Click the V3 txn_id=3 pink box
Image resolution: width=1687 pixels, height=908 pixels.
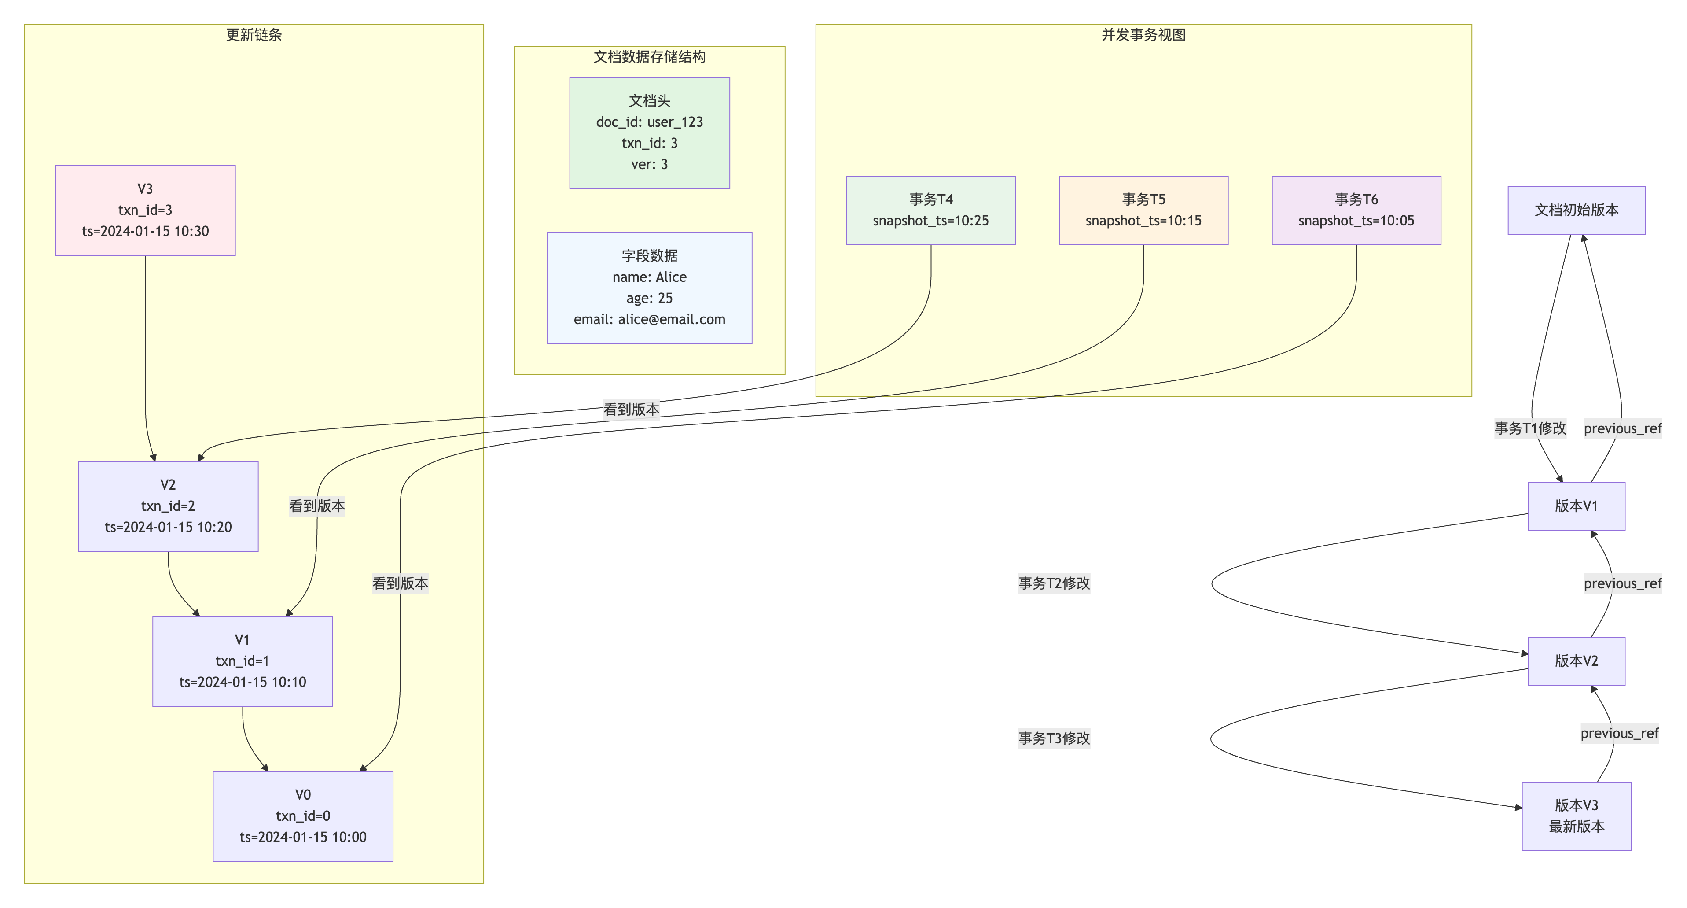click(145, 210)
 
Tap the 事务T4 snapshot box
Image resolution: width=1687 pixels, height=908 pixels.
click(930, 210)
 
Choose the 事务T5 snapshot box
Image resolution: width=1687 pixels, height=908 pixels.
click(1143, 210)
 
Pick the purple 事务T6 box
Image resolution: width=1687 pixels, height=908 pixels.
click(1356, 210)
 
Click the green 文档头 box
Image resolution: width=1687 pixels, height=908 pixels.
click(649, 133)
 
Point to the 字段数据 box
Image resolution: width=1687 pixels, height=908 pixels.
click(649, 288)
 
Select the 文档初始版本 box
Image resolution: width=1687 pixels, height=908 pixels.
click(1577, 210)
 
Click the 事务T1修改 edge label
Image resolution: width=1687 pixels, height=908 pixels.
click(1530, 428)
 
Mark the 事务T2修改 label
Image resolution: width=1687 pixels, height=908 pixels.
click(1054, 583)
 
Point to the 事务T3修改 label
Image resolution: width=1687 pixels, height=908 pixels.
click(1054, 738)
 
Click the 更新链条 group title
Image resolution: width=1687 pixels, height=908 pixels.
click(254, 35)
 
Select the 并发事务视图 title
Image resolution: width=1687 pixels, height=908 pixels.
click(1143, 35)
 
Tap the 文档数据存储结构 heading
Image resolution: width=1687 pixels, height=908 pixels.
click(649, 57)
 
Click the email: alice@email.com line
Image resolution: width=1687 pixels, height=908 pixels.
click(649, 320)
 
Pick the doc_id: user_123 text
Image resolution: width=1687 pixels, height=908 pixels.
click(649, 122)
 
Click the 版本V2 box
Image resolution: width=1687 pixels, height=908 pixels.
click(1577, 661)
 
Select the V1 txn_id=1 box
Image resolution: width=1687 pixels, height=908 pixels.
click(243, 661)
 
